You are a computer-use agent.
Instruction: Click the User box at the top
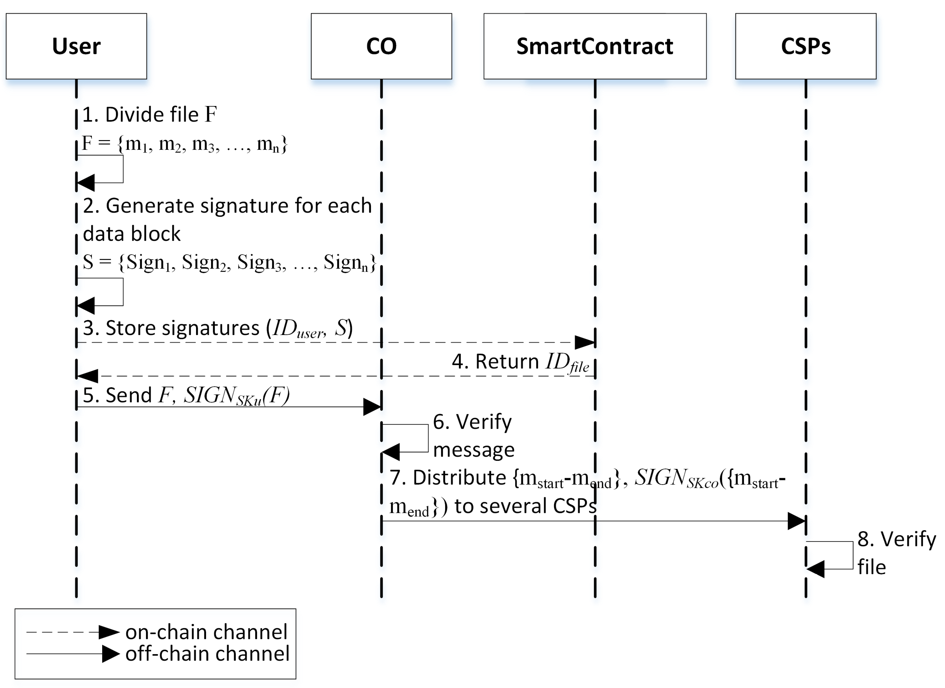[76, 46]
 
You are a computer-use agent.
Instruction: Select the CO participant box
[381, 46]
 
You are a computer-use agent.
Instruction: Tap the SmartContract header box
[595, 46]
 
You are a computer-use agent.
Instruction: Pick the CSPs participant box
[805, 46]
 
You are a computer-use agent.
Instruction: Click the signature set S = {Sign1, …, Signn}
[229, 263]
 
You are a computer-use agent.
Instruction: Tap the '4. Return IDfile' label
[521, 362]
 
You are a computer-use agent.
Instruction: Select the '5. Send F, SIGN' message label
[185, 395]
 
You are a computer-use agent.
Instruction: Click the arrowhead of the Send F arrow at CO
[372, 407]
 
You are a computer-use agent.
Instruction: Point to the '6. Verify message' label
[473, 436]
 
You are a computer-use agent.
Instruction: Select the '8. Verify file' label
[896, 553]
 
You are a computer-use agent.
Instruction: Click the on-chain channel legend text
[206, 632]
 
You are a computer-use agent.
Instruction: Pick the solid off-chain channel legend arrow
[73, 654]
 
